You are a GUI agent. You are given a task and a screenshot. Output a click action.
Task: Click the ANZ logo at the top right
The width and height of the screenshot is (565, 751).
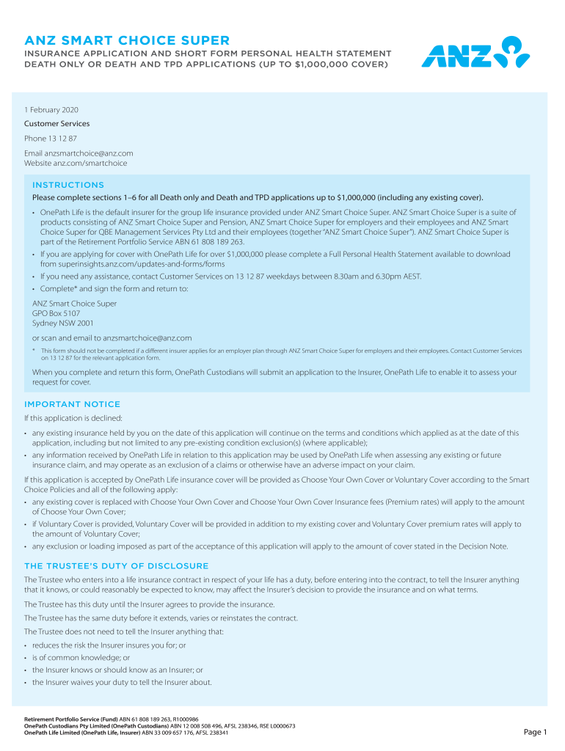(x=475, y=54)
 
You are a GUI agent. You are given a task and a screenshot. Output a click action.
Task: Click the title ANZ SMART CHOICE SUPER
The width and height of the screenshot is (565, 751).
(x=127, y=40)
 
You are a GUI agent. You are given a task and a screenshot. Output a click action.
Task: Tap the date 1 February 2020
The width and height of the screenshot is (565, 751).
(x=51, y=110)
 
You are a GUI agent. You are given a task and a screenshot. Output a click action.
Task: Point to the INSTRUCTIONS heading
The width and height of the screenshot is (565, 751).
(x=68, y=185)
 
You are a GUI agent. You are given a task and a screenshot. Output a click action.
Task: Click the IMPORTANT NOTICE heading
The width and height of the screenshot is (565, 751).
(x=72, y=404)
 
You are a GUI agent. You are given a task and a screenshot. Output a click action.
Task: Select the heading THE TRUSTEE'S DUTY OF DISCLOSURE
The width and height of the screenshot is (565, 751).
(x=116, y=566)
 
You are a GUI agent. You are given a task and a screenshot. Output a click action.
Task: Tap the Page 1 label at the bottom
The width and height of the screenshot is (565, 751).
(x=535, y=732)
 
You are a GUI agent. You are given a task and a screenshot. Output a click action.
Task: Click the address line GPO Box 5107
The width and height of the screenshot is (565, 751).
(x=56, y=313)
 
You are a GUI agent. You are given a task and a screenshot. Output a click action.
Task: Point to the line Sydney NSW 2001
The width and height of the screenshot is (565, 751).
(x=62, y=323)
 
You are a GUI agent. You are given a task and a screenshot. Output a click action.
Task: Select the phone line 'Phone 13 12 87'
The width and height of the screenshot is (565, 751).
(x=51, y=139)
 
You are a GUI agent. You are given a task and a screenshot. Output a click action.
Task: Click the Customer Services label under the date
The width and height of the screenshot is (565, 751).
(x=56, y=124)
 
